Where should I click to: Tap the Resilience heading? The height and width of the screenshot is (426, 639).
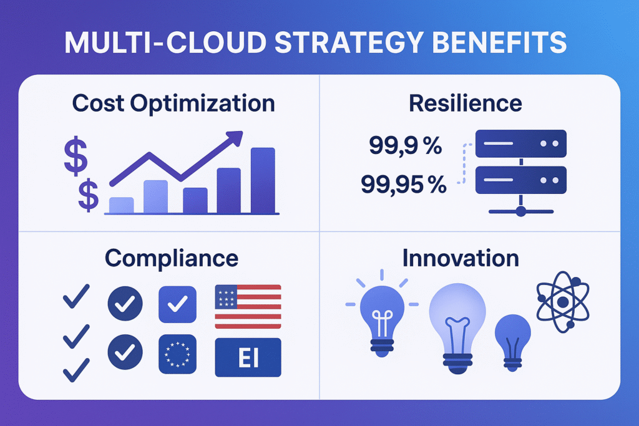click(466, 103)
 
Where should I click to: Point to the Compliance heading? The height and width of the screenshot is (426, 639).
click(172, 258)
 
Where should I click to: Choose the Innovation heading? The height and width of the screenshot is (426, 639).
click(461, 258)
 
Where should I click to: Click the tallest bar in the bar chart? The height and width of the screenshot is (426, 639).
click(263, 180)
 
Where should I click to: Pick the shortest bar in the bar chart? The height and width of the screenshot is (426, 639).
click(121, 205)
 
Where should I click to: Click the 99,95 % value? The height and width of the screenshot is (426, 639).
click(403, 185)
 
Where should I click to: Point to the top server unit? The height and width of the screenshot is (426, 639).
click(520, 143)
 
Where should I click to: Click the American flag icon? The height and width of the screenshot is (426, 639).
click(248, 306)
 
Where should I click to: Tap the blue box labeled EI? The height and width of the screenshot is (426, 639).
click(248, 358)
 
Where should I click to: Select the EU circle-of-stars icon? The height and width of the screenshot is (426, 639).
click(178, 354)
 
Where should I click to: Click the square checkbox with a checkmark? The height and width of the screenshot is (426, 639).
click(178, 304)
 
